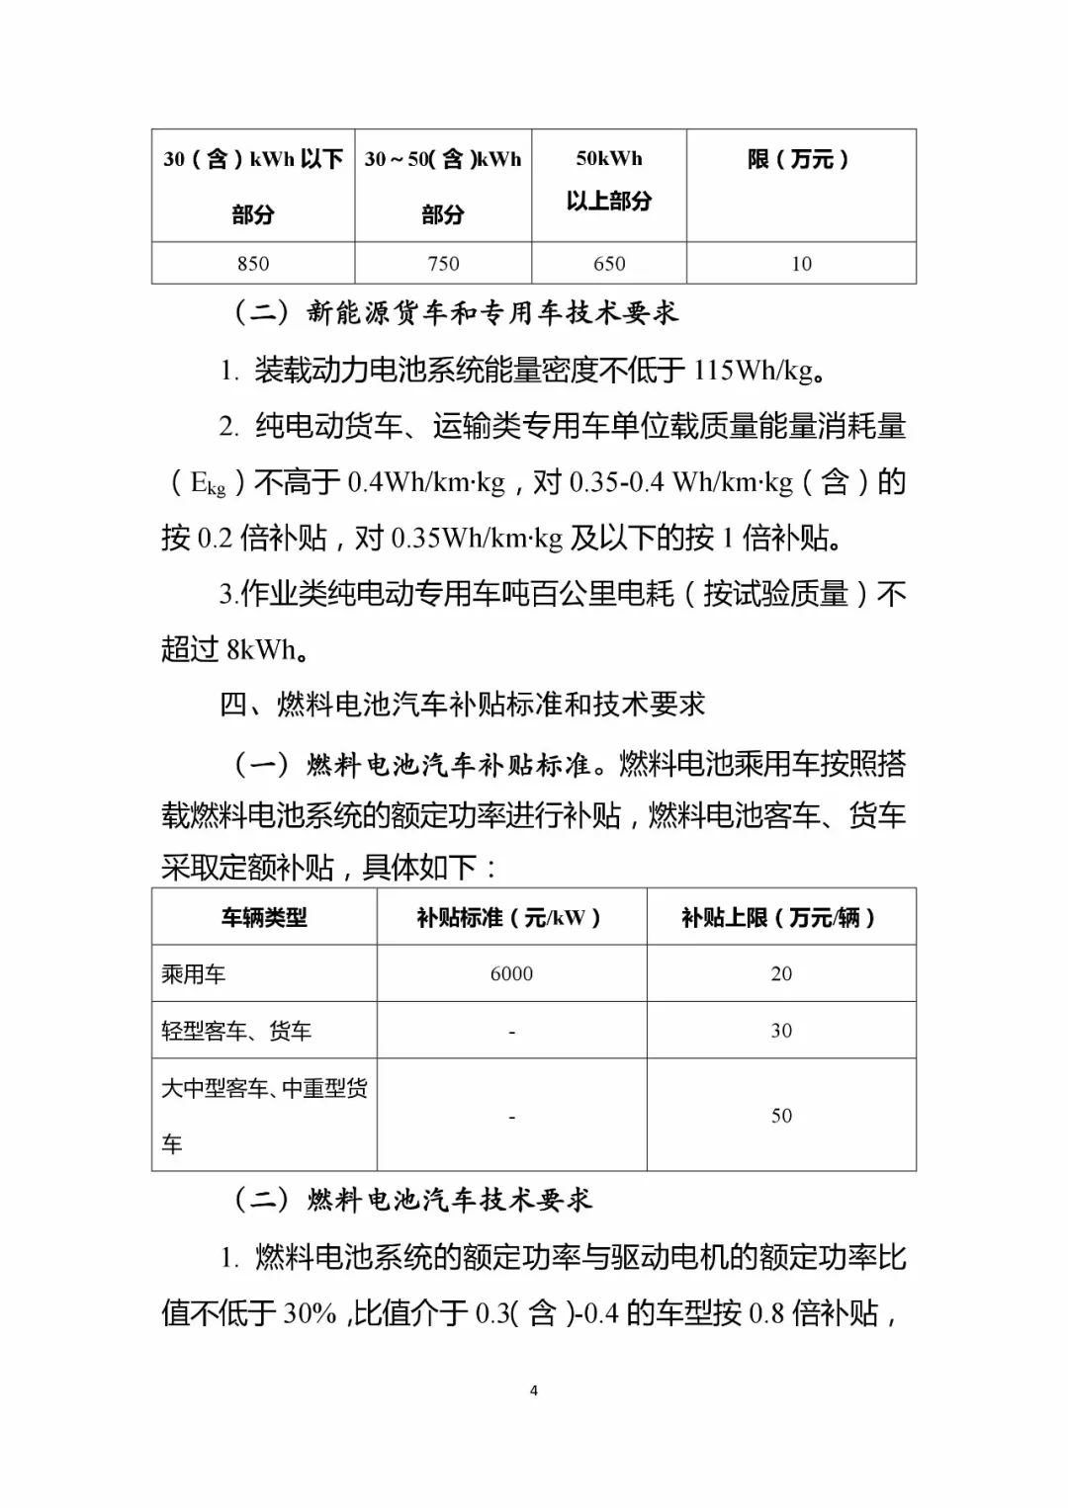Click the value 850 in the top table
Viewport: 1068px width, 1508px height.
[x=253, y=264]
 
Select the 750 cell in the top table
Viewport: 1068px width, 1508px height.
[x=443, y=264]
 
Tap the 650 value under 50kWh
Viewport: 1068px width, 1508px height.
[x=609, y=264]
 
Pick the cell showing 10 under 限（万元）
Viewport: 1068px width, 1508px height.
[x=801, y=264]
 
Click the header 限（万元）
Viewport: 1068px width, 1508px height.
[x=799, y=159]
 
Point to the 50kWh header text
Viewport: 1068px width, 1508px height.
[x=609, y=158]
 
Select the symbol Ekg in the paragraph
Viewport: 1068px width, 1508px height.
[x=208, y=483]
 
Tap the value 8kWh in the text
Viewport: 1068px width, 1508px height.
[x=261, y=649]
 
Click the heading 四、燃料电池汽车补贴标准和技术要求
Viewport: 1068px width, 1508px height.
[x=462, y=705]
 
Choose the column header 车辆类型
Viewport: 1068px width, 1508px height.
[x=264, y=918]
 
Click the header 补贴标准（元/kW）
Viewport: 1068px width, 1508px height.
[x=510, y=918]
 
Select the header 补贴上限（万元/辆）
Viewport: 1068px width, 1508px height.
[x=780, y=918]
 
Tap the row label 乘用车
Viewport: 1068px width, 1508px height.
[x=194, y=974]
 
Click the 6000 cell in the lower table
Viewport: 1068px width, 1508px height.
[x=511, y=974]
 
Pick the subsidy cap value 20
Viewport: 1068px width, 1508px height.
[x=781, y=974]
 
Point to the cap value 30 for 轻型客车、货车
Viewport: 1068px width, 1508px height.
[x=781, y=1031]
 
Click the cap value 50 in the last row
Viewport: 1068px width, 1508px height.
[x=781, y=1116]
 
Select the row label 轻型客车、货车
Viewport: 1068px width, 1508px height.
[x=236, y=1032]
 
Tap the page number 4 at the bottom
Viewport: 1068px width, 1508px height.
[x=534, y=1390]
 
